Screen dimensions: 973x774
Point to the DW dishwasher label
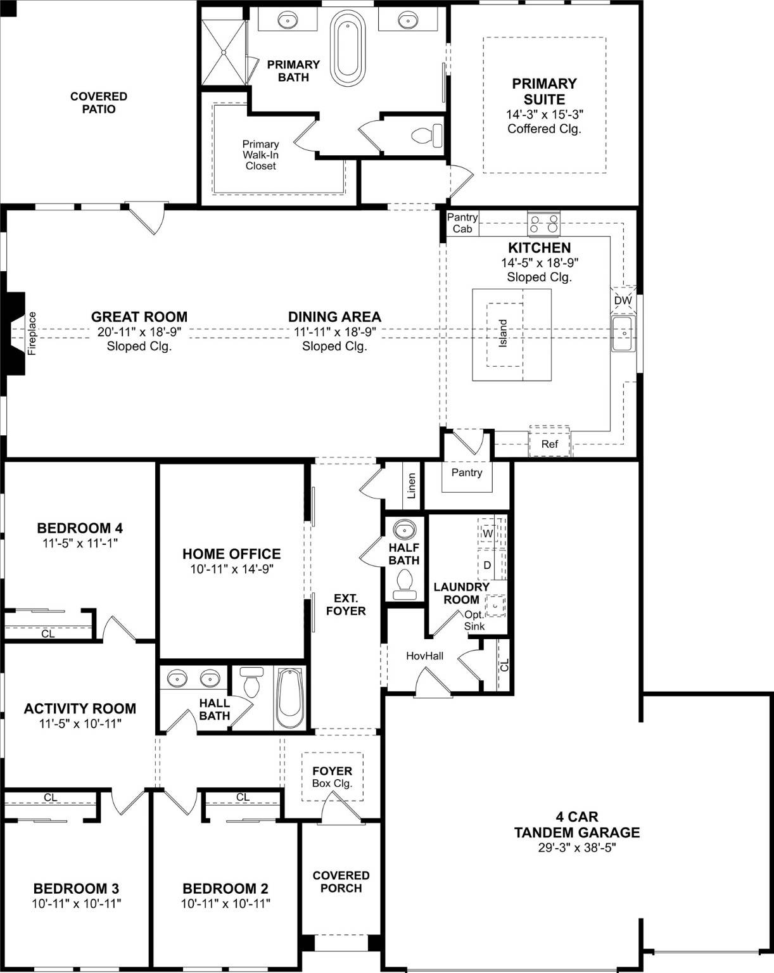[623, 301]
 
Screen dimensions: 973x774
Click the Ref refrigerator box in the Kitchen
[549, 444]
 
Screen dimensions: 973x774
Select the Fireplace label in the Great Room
[32, 333]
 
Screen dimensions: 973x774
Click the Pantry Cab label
[462, 223]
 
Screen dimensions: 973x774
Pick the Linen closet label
[412, 486]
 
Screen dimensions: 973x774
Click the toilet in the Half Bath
[404, 583]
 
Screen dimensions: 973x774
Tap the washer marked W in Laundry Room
[488, 534]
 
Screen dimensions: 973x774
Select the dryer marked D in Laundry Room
[487, 565]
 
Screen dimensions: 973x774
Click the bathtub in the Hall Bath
[290, 698]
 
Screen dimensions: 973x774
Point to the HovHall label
[424, 656]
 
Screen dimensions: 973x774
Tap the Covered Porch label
[341, 882]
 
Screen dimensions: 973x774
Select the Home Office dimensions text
[231, 569]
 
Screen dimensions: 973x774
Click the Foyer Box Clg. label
[332, 777]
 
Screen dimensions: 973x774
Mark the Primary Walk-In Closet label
[260, 155]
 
